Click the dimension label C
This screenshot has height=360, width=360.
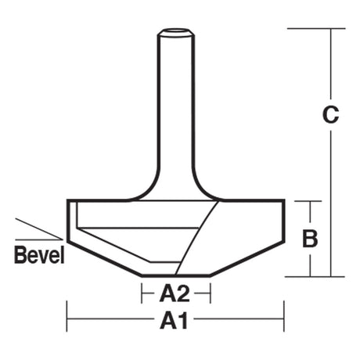coord(330,114)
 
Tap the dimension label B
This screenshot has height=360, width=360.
coord(310,238)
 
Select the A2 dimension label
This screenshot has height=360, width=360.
coord(175,293)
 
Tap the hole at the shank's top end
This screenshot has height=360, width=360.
coord(175,30)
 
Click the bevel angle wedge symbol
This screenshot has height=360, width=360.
coord(39,229)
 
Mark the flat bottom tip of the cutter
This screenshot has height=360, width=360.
coord(176,275)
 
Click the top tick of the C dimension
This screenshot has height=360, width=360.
coord(316,28)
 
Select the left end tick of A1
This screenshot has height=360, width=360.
coord(67,316)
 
